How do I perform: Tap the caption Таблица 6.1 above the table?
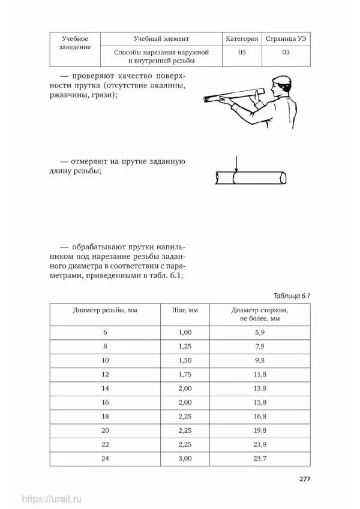(292, 296)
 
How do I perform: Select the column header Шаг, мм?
(189, 311)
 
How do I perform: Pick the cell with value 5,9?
(260, 332)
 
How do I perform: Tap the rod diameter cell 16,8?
(260, 417)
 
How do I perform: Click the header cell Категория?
(242, 39)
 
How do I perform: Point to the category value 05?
(242, 53)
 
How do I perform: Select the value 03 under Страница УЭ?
(286, 53)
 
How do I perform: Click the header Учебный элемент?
(162, 39)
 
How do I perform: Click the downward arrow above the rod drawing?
(237, 163)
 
